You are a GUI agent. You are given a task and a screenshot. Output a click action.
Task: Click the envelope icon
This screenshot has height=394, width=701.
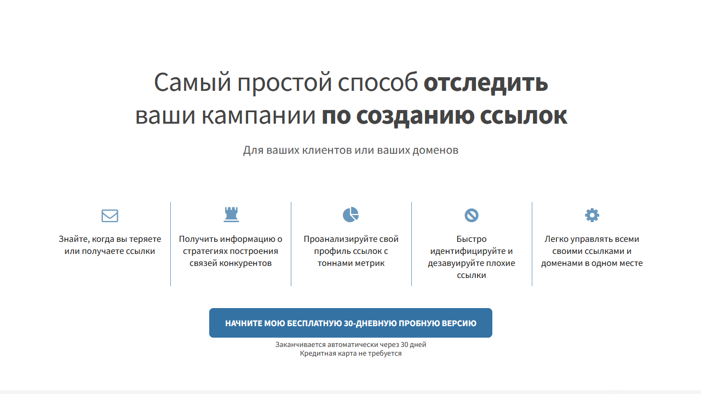pyautogui.click(x=110, y=216)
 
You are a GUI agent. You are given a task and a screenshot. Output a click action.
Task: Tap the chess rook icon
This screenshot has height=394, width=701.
pyautogui.click(x=231, y=215)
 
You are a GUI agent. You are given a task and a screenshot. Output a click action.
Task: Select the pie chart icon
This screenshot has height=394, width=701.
pyautogui.click(x=351, y=215)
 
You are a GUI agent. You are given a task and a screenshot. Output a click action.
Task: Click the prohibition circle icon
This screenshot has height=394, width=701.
pyautogui.click(x=472, y=215)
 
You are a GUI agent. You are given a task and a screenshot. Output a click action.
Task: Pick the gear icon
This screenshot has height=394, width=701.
pyautogui.click(x=592, y=215)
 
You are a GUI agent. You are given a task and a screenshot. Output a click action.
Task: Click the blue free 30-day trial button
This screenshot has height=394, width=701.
pyautogui.click(x=350, y=323)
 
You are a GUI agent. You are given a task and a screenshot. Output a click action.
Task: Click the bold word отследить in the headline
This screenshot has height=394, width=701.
pyautogui.click(x=486, y=83)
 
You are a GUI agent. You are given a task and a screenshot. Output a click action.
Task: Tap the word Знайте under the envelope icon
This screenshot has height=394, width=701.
pyautogui.click(x=73, y=239)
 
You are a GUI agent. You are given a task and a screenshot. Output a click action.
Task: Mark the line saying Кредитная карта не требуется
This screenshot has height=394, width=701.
pyautogui.click(x=350, y=354)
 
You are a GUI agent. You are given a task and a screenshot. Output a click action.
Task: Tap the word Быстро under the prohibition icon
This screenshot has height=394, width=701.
pyautogui.click(x=472, y=239)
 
